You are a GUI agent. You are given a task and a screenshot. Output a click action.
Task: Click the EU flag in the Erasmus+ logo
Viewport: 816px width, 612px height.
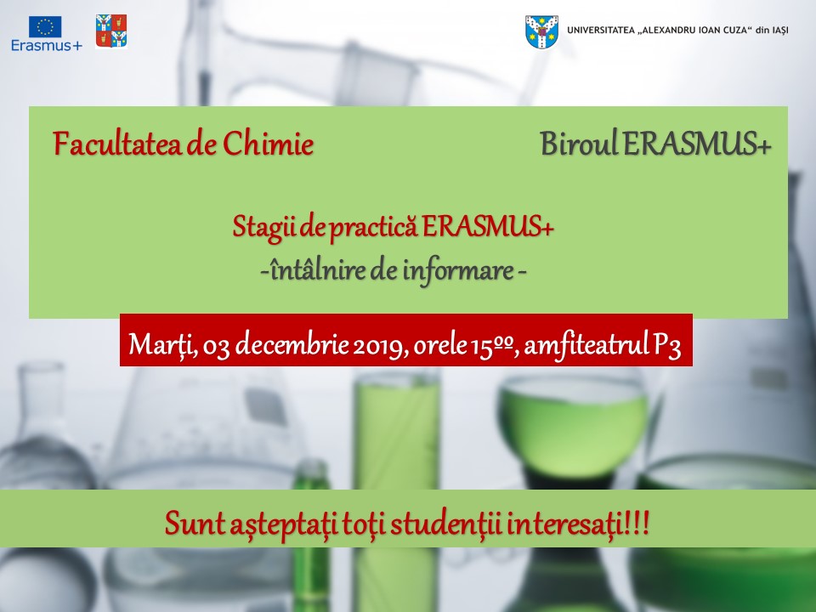(45, 26)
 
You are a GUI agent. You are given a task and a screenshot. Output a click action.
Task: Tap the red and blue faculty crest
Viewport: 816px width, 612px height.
(111, 31)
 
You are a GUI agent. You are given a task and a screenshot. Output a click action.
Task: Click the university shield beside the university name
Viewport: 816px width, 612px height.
(541, 31)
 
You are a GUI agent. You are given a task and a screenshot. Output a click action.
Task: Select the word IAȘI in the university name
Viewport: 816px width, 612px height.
(779, 31)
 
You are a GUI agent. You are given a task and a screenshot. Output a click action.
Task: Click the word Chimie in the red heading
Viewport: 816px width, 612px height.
(268, 144)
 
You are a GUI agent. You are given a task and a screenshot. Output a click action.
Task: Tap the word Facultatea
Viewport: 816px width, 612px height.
(117, 144)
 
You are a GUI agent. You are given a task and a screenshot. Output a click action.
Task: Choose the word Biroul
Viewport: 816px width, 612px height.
(579, 143)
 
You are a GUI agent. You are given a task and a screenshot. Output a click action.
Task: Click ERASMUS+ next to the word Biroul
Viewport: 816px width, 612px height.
(697, 143)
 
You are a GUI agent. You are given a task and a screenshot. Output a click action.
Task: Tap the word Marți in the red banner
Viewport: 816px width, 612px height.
(162, 344)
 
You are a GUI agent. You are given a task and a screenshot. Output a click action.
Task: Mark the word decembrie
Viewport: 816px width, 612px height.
(292, 344)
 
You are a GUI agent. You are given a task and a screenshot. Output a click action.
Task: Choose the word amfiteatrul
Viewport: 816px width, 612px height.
(586, 344)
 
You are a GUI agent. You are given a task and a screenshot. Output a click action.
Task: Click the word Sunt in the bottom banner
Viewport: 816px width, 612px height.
(194, 524)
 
